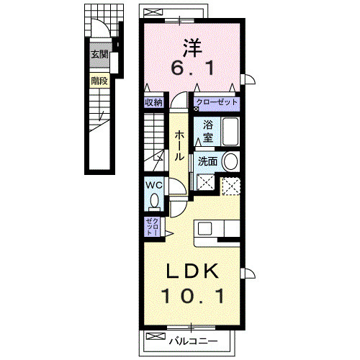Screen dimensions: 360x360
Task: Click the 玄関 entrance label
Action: [99, 55]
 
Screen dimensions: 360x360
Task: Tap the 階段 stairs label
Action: [99, 81]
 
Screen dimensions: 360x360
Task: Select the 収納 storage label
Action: [154, 103]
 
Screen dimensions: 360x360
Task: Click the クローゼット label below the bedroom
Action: [217, 102]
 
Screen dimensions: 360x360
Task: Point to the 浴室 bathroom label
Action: [208, 131]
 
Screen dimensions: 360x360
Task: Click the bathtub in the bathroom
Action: [230, 131]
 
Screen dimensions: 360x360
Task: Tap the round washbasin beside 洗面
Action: [230, 161]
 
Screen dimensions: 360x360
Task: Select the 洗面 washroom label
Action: [207, 161]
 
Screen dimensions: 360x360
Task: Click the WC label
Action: [155, 185]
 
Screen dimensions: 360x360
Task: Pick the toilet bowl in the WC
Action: [154, 201]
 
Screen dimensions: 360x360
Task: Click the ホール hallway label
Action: [179, 145]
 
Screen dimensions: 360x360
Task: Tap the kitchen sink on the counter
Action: [204, 228]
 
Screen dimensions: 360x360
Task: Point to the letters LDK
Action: [193, 271]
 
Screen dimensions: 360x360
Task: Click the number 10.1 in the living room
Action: [193, 296]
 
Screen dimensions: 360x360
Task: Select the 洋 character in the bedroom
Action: [192, 48]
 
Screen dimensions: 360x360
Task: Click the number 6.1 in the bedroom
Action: [192, 68]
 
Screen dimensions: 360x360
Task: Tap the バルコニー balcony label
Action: [193, 341]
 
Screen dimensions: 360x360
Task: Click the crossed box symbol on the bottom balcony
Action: [156, 336]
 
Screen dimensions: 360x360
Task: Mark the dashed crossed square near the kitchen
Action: [231, 186]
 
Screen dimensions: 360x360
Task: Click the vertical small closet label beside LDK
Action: [153, 227]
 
